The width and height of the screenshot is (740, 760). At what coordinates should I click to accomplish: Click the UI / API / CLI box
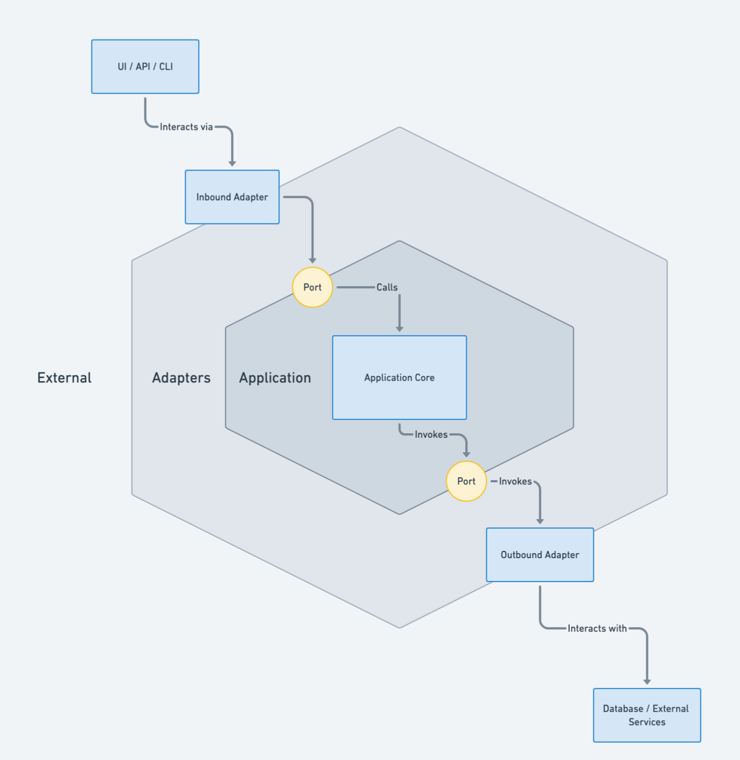coord(145,66)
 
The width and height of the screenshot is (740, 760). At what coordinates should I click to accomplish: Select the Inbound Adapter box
coord(232,197)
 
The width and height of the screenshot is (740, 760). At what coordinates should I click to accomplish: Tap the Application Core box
coord(399,377)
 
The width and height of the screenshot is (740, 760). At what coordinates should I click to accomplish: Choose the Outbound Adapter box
coord(540,555)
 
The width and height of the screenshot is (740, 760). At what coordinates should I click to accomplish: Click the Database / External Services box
coord(647,715)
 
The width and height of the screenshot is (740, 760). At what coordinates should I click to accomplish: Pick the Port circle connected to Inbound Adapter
coord(312,287)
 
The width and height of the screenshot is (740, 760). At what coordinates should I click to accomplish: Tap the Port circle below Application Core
coord(466,481)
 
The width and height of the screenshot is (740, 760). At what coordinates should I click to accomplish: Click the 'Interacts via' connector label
coord(186,127)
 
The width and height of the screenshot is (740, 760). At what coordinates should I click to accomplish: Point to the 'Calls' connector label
coord(387,287)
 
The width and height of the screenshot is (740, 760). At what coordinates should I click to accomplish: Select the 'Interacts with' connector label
coord(597,628)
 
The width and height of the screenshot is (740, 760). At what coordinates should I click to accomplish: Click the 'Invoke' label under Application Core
coord(431,434)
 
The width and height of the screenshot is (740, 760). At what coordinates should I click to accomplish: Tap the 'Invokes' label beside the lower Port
coord(515,481)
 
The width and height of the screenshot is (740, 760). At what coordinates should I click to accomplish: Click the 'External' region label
coord(64,377)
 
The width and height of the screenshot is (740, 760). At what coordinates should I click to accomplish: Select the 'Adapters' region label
coord(181,377)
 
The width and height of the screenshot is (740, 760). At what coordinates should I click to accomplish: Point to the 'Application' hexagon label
coord(275,377)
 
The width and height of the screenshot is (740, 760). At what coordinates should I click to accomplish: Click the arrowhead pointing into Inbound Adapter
coord(232,163)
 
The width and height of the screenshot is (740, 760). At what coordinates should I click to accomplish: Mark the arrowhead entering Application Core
coord(399,329)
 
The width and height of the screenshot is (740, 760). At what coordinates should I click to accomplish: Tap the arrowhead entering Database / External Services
coord(647,681)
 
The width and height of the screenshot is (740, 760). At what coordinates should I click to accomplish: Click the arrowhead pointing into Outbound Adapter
coord(540,521)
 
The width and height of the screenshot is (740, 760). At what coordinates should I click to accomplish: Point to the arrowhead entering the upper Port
coord(312,260)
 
